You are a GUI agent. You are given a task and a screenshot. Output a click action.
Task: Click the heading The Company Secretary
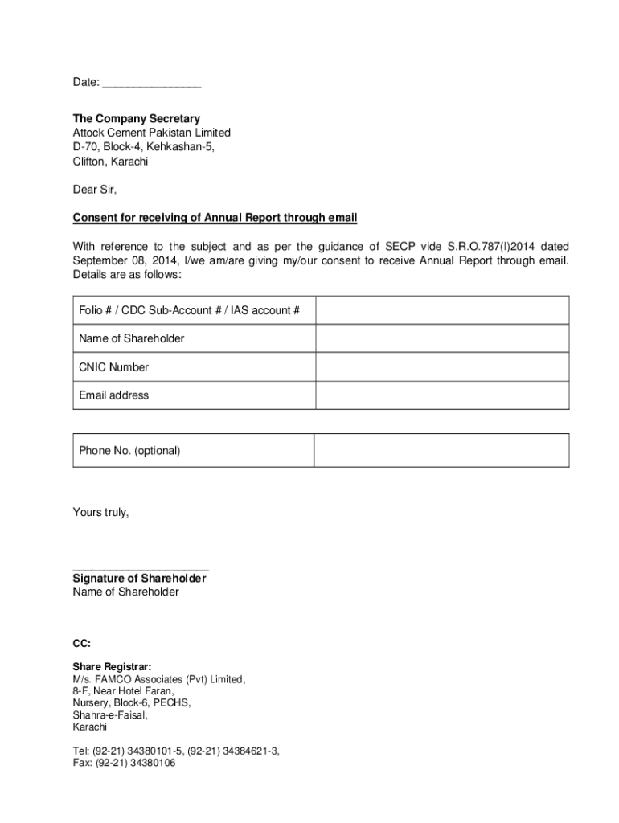click(x=136, y=118)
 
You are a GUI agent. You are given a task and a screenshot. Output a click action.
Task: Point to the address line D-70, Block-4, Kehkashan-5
click(x=144, y=147)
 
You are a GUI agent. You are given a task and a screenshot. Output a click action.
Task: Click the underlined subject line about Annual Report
click(x=215, y=218)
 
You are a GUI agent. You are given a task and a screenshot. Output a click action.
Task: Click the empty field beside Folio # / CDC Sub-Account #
click(x=441, y=310)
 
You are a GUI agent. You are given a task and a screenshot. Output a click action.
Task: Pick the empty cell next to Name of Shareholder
click(x=441, y=338)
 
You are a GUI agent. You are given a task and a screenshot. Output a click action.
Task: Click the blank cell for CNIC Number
click(x=441, y=367)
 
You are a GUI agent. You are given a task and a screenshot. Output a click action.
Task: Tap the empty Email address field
click(x=441, y=395)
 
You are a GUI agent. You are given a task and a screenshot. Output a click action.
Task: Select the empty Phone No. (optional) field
click(x=441, y=451)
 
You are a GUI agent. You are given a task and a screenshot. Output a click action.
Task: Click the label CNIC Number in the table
click(x=113, y=367)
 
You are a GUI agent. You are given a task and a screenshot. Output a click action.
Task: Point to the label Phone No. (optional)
click(x=129, y=451)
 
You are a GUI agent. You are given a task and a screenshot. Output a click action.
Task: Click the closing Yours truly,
click(x=100, y=512)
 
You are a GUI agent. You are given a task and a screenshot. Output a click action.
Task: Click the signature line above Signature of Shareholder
click(x=141, y=568)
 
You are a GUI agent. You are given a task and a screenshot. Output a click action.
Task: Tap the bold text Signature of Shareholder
click(x=139, y=579)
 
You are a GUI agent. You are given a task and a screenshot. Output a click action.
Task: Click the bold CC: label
click(x=81, y=643)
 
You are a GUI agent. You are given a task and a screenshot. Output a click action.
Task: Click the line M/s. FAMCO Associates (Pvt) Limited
click(x=159, y=679)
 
